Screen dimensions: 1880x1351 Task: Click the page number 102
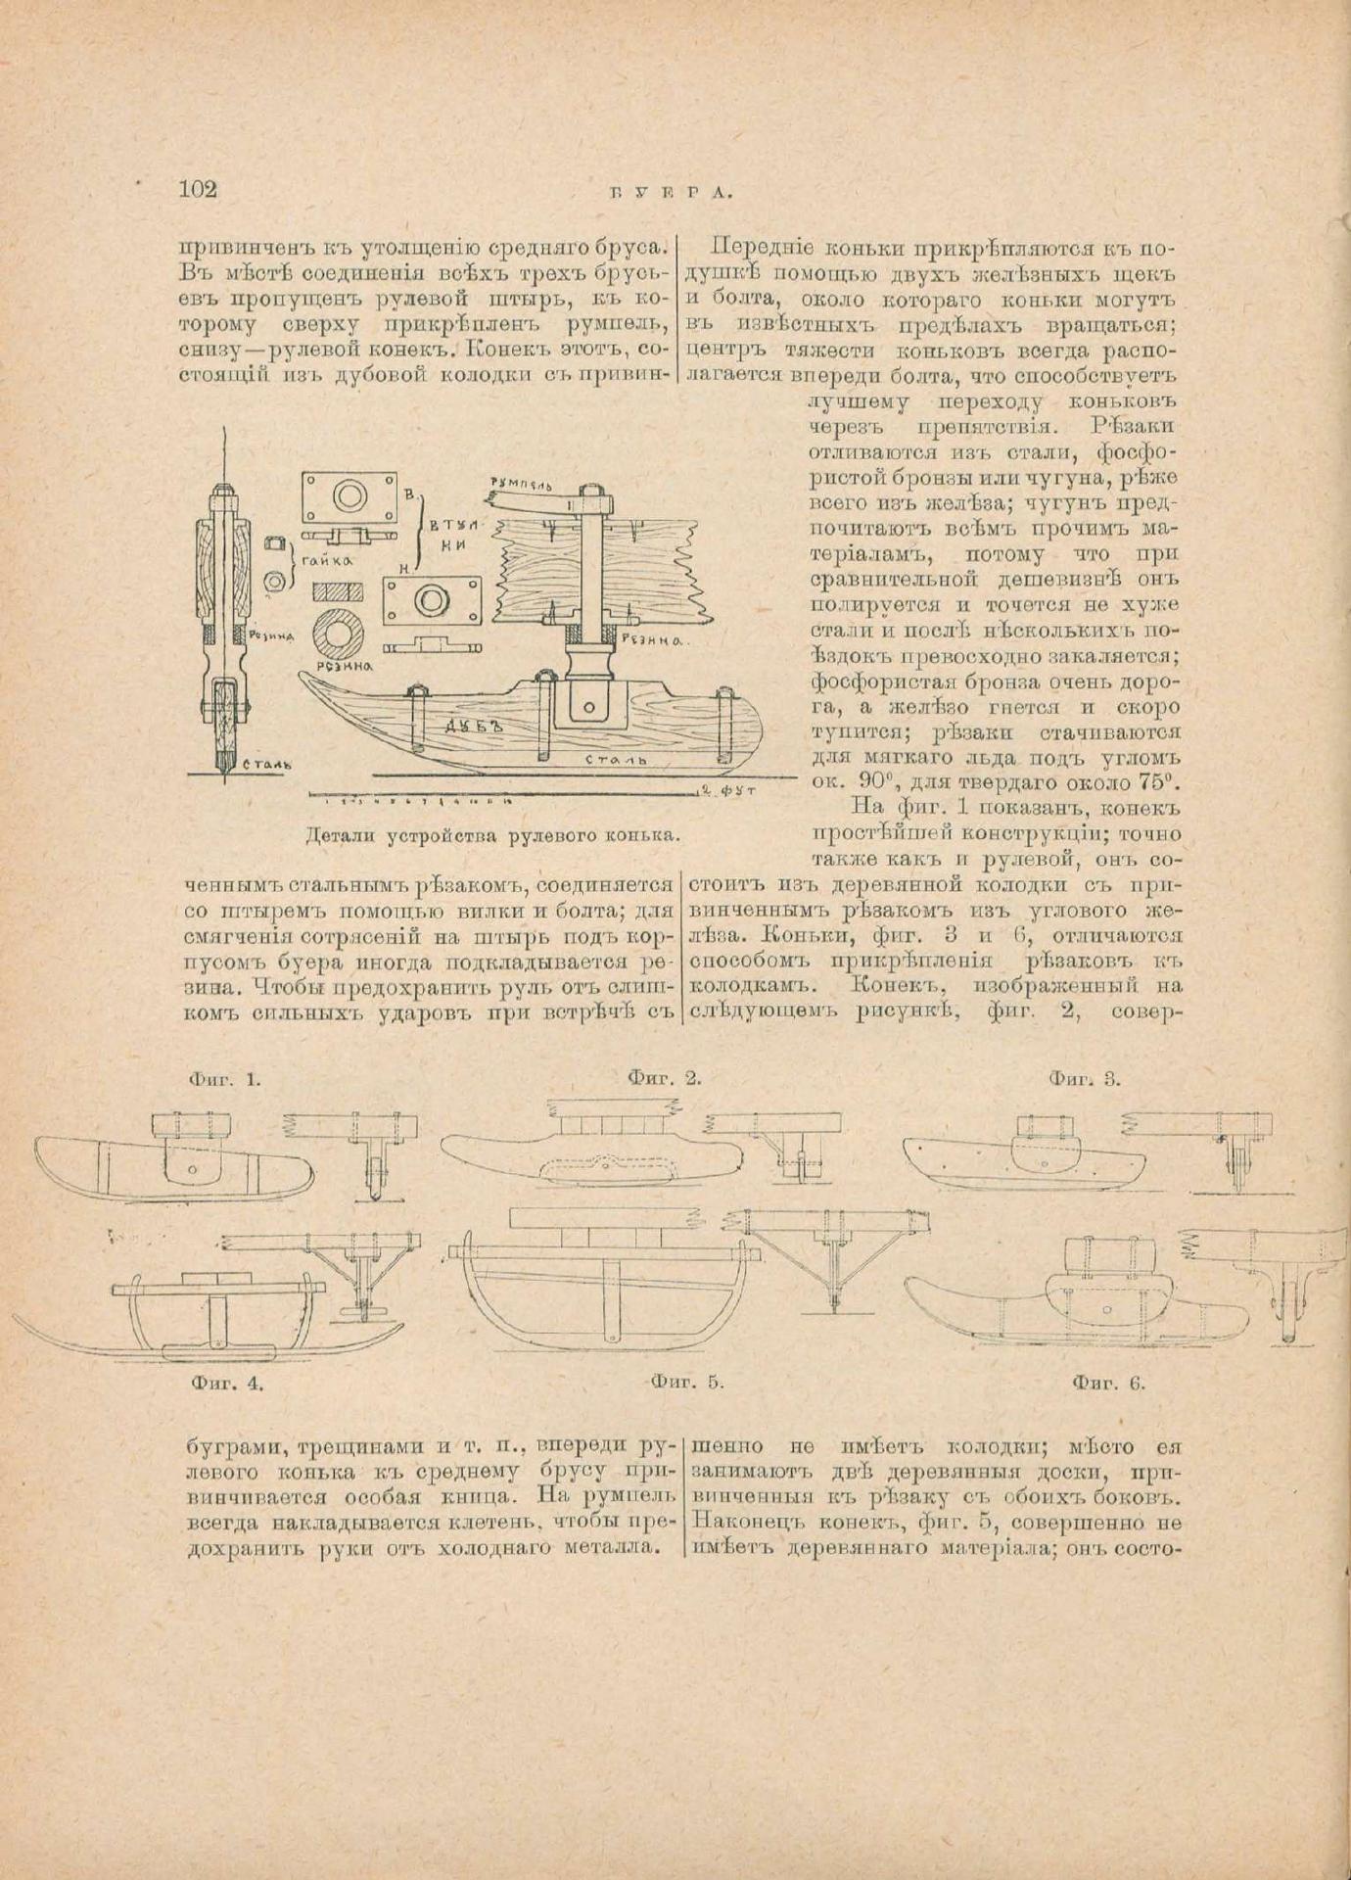point(198,190)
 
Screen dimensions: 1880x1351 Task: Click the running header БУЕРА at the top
point(672,193)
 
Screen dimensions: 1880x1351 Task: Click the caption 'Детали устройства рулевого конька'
point(492,836)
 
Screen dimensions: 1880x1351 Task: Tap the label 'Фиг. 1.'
point(224,1080)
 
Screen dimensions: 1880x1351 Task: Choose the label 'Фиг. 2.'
point(665,1079)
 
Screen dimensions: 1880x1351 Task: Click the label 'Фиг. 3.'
point(1084,1079)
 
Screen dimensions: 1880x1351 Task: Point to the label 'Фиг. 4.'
point(231,1385)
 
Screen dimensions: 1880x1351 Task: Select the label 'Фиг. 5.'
point(686,1383)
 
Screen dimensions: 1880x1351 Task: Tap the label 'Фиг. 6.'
point(1108,1384)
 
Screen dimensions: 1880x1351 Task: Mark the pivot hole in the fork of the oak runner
point(589,705)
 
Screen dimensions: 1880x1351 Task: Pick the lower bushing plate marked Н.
point(432,599)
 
